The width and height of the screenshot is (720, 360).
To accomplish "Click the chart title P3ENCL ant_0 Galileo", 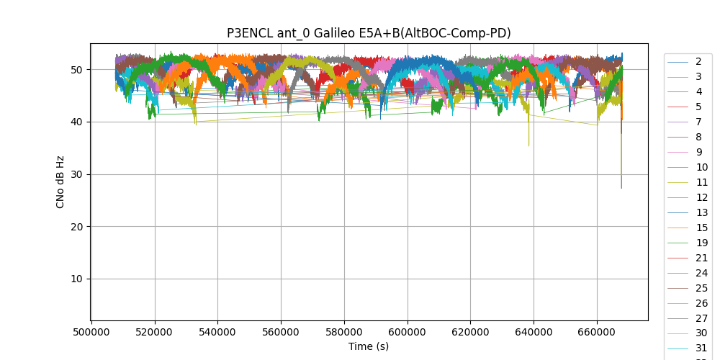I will coord(369,33).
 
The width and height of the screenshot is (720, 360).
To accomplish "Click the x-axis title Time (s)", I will coord(369,346).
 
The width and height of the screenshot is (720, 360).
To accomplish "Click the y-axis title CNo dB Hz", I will coord(60,182).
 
